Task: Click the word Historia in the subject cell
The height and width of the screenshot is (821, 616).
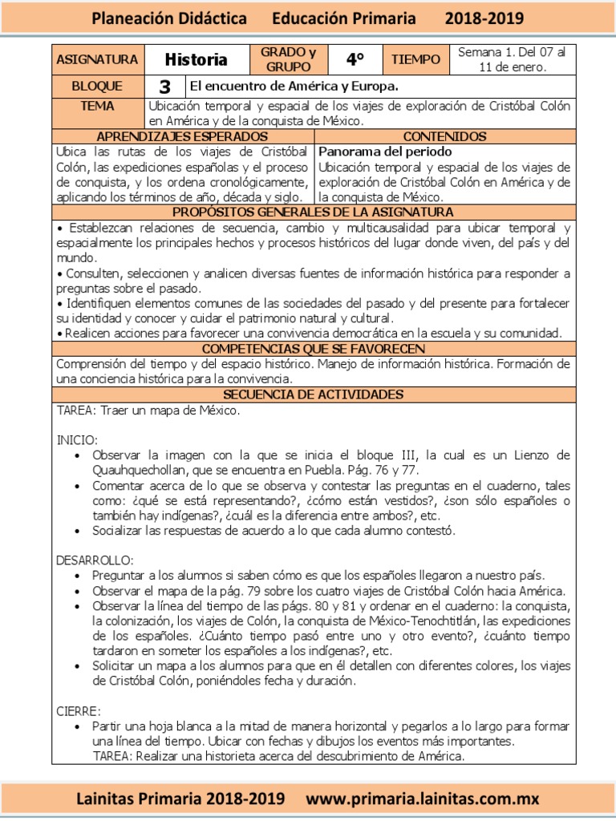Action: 196,59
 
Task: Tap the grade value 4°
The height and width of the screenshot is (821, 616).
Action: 355,59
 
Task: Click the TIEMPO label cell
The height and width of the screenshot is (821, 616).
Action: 415,59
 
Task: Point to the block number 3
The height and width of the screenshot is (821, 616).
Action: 165,87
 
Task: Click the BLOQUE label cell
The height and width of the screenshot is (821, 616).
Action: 98,87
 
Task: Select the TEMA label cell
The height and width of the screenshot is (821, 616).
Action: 98,107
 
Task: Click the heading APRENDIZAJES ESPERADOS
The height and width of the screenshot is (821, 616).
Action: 183,137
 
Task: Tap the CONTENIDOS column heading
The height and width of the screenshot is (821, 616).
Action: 444,137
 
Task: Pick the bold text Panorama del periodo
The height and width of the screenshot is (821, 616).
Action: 385,152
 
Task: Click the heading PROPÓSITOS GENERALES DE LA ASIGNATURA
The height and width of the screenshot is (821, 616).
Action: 313,212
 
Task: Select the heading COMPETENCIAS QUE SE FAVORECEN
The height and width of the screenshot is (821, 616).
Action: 313,349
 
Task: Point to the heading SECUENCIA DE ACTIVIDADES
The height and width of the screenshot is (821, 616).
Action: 313,395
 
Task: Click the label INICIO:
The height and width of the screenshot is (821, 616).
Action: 77,440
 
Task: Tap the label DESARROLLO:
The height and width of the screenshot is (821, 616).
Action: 95,559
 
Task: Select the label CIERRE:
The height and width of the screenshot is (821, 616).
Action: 79,711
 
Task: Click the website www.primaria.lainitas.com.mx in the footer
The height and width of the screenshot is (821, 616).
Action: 423,799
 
